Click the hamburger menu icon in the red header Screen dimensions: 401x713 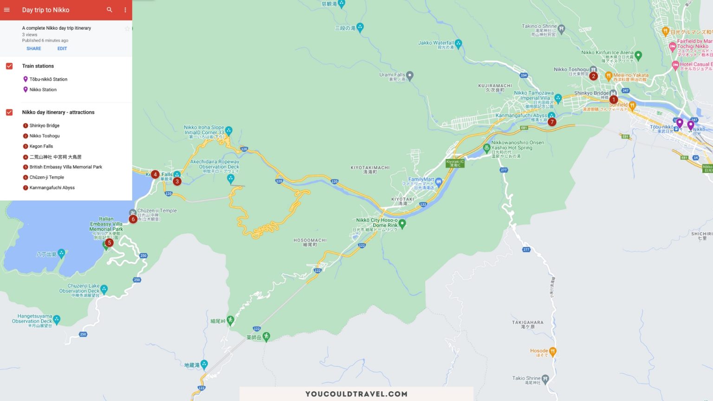pos(7,10)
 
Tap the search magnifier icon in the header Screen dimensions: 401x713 pos(110,10)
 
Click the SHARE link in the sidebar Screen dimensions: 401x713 pos(33,48)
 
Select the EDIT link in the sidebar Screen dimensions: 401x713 pos(62,48)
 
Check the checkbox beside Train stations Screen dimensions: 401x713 pos(9,66)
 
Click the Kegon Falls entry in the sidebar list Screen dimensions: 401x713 pos(41,146)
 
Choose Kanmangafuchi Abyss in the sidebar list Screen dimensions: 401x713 pos(52,188)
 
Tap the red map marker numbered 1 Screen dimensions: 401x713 pos(614,99)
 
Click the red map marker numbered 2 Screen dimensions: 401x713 pos(593,76)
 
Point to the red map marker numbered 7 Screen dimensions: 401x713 pos(552,122)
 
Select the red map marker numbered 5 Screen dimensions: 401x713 pos(109,242)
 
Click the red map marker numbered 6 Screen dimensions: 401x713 pos(133,219)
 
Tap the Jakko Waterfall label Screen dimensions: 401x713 pos(436,43)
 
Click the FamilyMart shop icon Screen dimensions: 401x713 pos(439,181)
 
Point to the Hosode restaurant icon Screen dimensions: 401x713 pos(552,351)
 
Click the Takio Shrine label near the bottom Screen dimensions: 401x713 pos(526,378)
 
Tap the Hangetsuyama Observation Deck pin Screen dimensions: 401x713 pos(57,319)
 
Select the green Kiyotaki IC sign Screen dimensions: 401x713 pos(455,163)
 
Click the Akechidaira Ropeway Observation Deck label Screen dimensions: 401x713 pos(214,164)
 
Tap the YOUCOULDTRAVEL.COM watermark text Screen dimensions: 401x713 pos(356,394)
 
